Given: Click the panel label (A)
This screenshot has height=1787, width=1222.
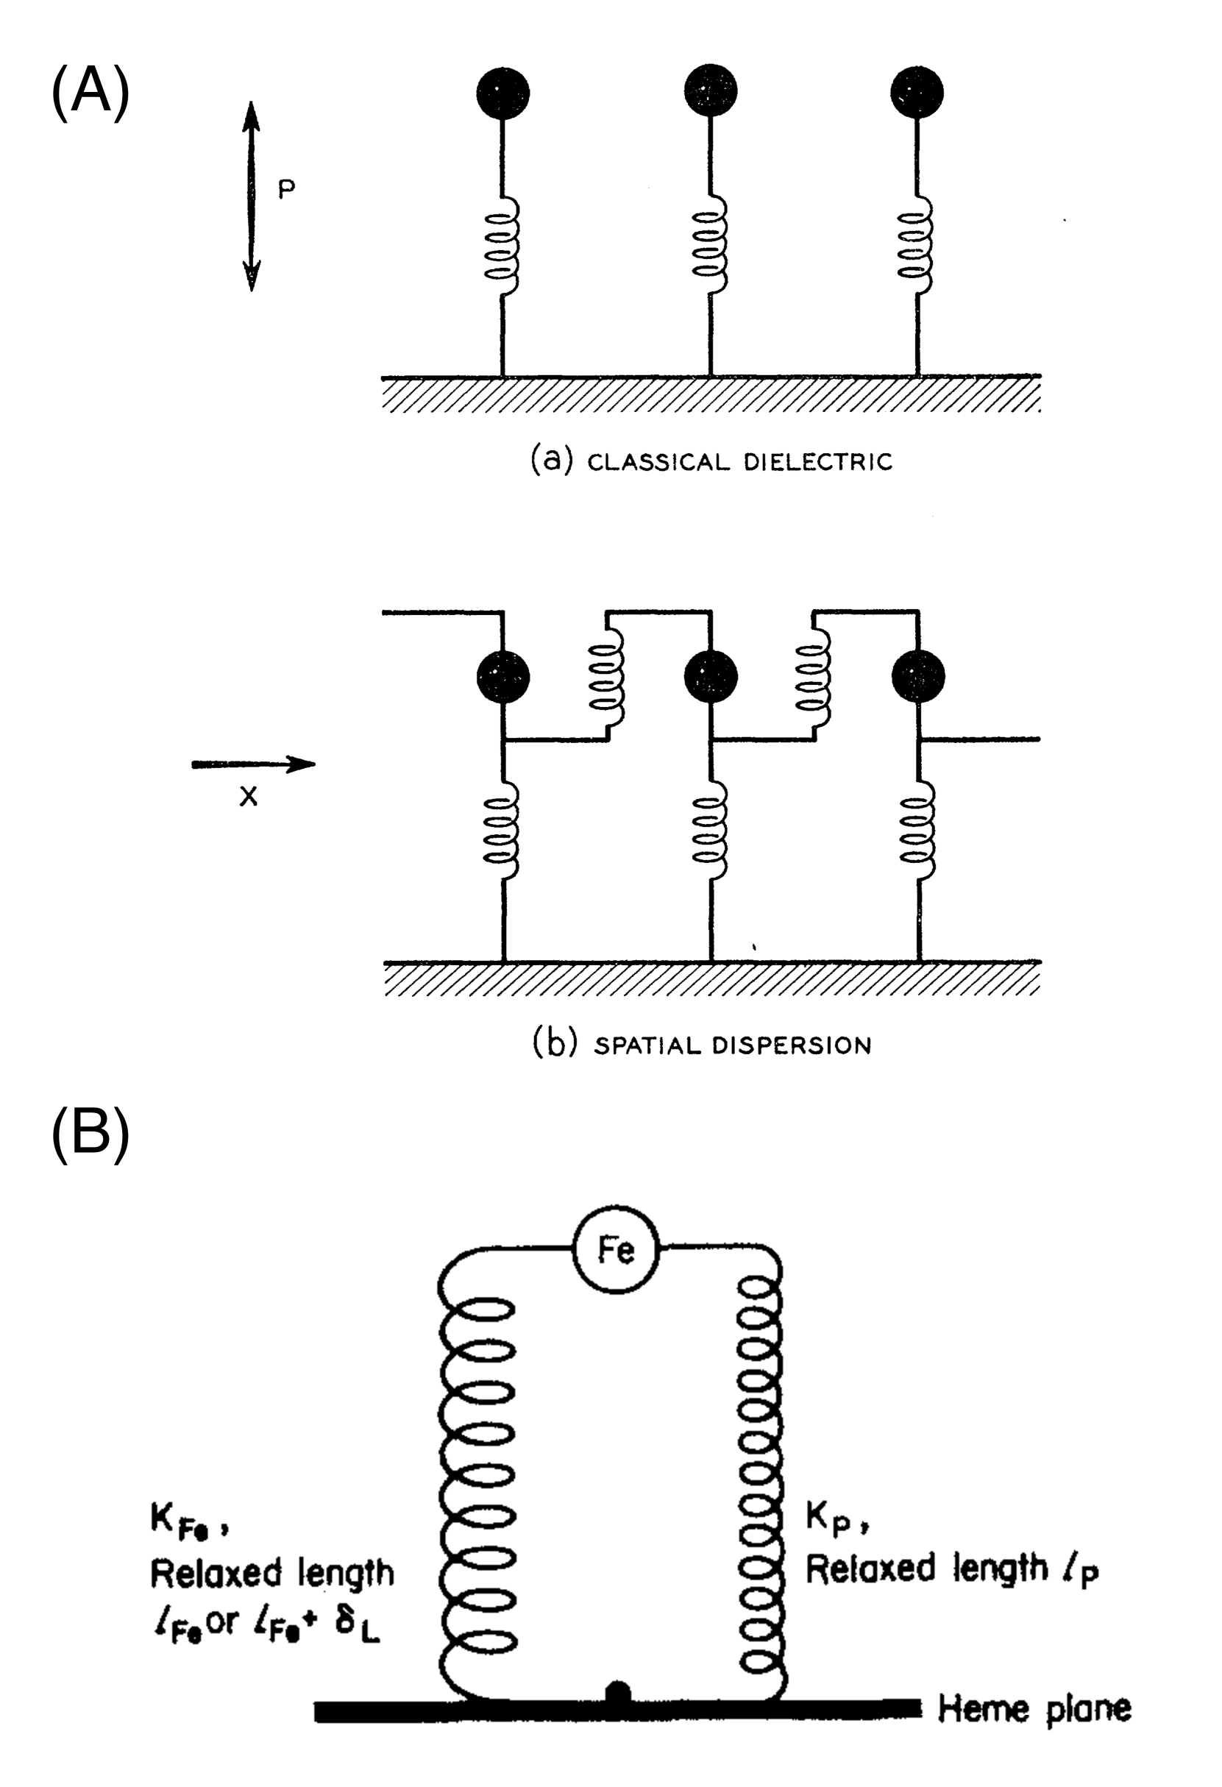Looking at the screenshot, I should click(90, 90).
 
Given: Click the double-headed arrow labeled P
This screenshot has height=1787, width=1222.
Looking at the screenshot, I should click(252, 196).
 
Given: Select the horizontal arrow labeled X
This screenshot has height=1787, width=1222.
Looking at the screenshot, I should click(253, 764).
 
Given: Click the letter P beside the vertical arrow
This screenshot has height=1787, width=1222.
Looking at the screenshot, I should click(286, 190).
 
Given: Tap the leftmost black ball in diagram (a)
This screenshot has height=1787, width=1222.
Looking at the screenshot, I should click(502, 92).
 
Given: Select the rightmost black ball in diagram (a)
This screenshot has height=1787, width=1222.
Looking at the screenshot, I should click(917, 92).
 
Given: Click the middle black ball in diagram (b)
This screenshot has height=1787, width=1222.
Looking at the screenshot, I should click(711, 677).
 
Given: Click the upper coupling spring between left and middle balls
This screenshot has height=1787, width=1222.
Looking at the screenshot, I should click(607, 678).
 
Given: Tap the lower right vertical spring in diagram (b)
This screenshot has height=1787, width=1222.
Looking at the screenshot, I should click(919, 831).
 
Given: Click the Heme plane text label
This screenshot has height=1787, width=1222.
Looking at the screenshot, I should click(1034, 1708).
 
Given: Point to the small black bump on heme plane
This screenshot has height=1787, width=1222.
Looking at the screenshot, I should click(618, 1692).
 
